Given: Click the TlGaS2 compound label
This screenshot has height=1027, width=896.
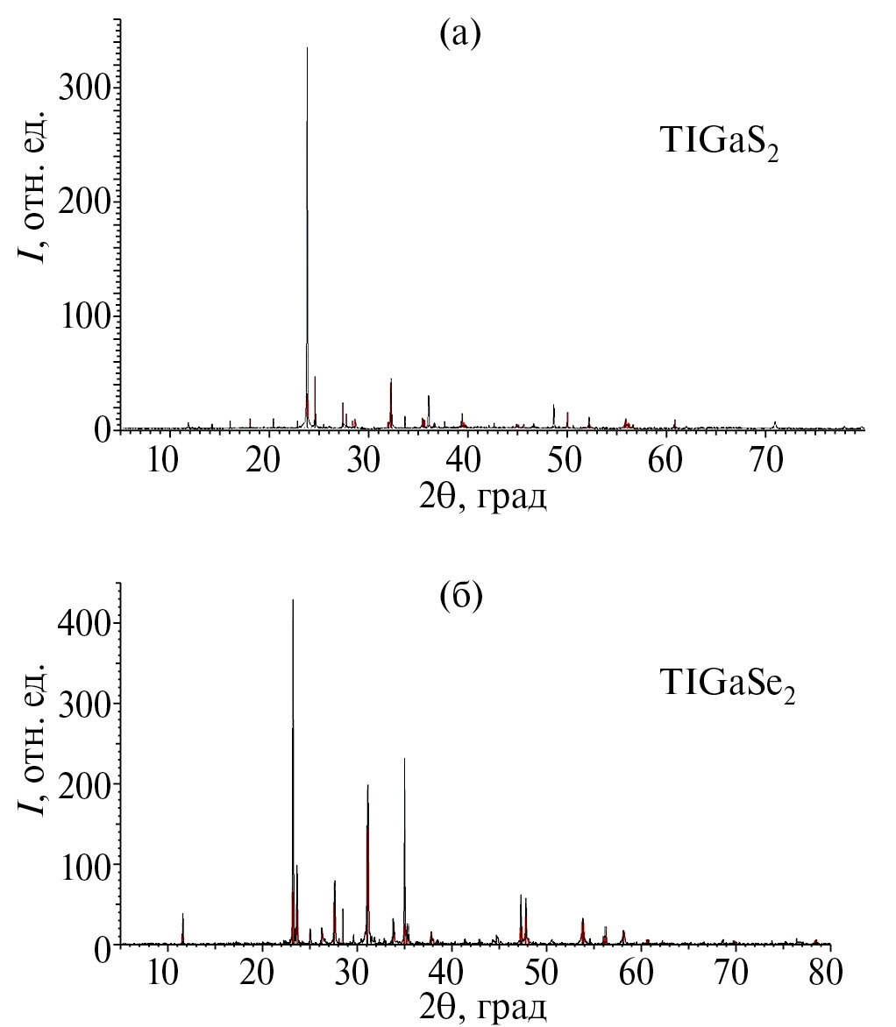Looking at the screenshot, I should point(719,143).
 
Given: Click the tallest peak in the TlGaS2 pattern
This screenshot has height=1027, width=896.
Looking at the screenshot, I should point(307,49).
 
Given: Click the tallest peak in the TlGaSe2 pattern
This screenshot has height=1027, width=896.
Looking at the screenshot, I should point(293,601).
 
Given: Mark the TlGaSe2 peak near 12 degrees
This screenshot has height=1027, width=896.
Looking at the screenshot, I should point(182,915).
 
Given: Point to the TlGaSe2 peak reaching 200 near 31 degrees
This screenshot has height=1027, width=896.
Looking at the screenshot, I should point(367,786).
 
